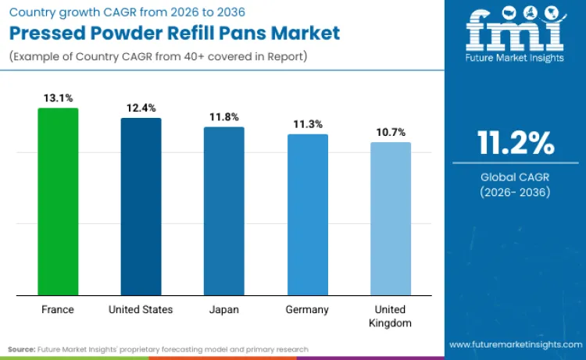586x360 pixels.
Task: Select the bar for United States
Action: (141, 206)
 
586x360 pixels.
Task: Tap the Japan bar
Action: (224, 211)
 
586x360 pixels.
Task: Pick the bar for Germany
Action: (307, 215)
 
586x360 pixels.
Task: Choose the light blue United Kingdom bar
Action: (390, 219)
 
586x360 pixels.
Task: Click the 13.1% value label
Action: (58, 98)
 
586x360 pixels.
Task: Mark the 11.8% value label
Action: (224, 117)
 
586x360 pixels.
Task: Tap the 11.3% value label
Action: (307, 124)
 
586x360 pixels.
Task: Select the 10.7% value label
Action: (390, 133)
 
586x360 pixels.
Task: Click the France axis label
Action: (58, 310)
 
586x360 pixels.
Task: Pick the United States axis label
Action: (141, 310)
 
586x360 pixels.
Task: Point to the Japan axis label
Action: (224, 310)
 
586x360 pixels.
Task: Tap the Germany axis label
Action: (307, 310)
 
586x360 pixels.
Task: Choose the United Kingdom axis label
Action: (390, 316)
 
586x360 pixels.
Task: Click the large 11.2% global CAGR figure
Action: (516, 144)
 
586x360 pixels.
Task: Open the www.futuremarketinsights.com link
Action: (515, 344)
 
